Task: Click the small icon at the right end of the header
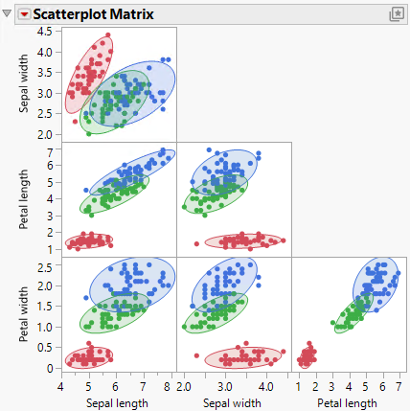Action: click(x=397, y=14)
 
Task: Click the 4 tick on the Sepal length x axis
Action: click(x=60, y=386)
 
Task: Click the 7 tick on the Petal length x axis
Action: click(x=397, y=386)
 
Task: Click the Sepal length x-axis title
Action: click(x=118, y=402)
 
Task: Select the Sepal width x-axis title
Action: click(x=234, y=402)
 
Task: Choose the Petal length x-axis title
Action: click(x=349, y=402)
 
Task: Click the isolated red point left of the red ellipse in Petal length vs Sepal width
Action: click(x=196, y=243)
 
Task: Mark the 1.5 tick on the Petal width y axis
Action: click(x=46, y=306)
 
